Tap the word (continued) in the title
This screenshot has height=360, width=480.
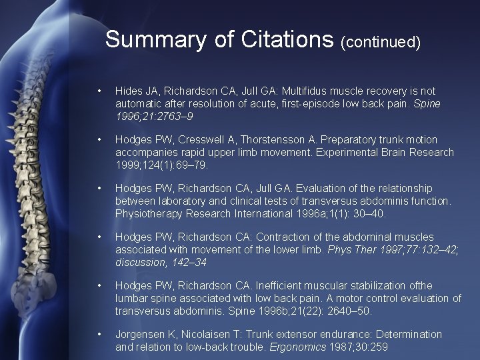click(x=381, y=42)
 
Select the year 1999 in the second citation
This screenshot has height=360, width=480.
click(x=128, y=165)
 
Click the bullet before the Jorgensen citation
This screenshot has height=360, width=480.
click(x=99, y=334)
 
